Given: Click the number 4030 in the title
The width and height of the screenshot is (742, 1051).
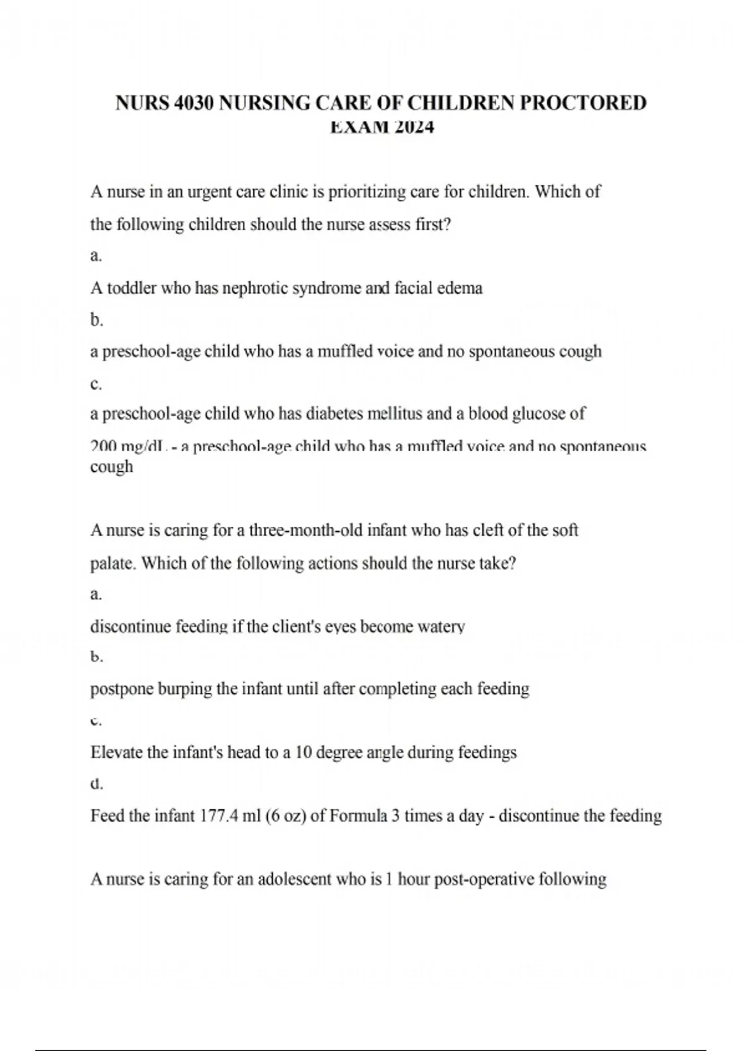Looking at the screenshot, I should tap(195, 103).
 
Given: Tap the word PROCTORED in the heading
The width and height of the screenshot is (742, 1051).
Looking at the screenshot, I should tap(582, 103).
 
